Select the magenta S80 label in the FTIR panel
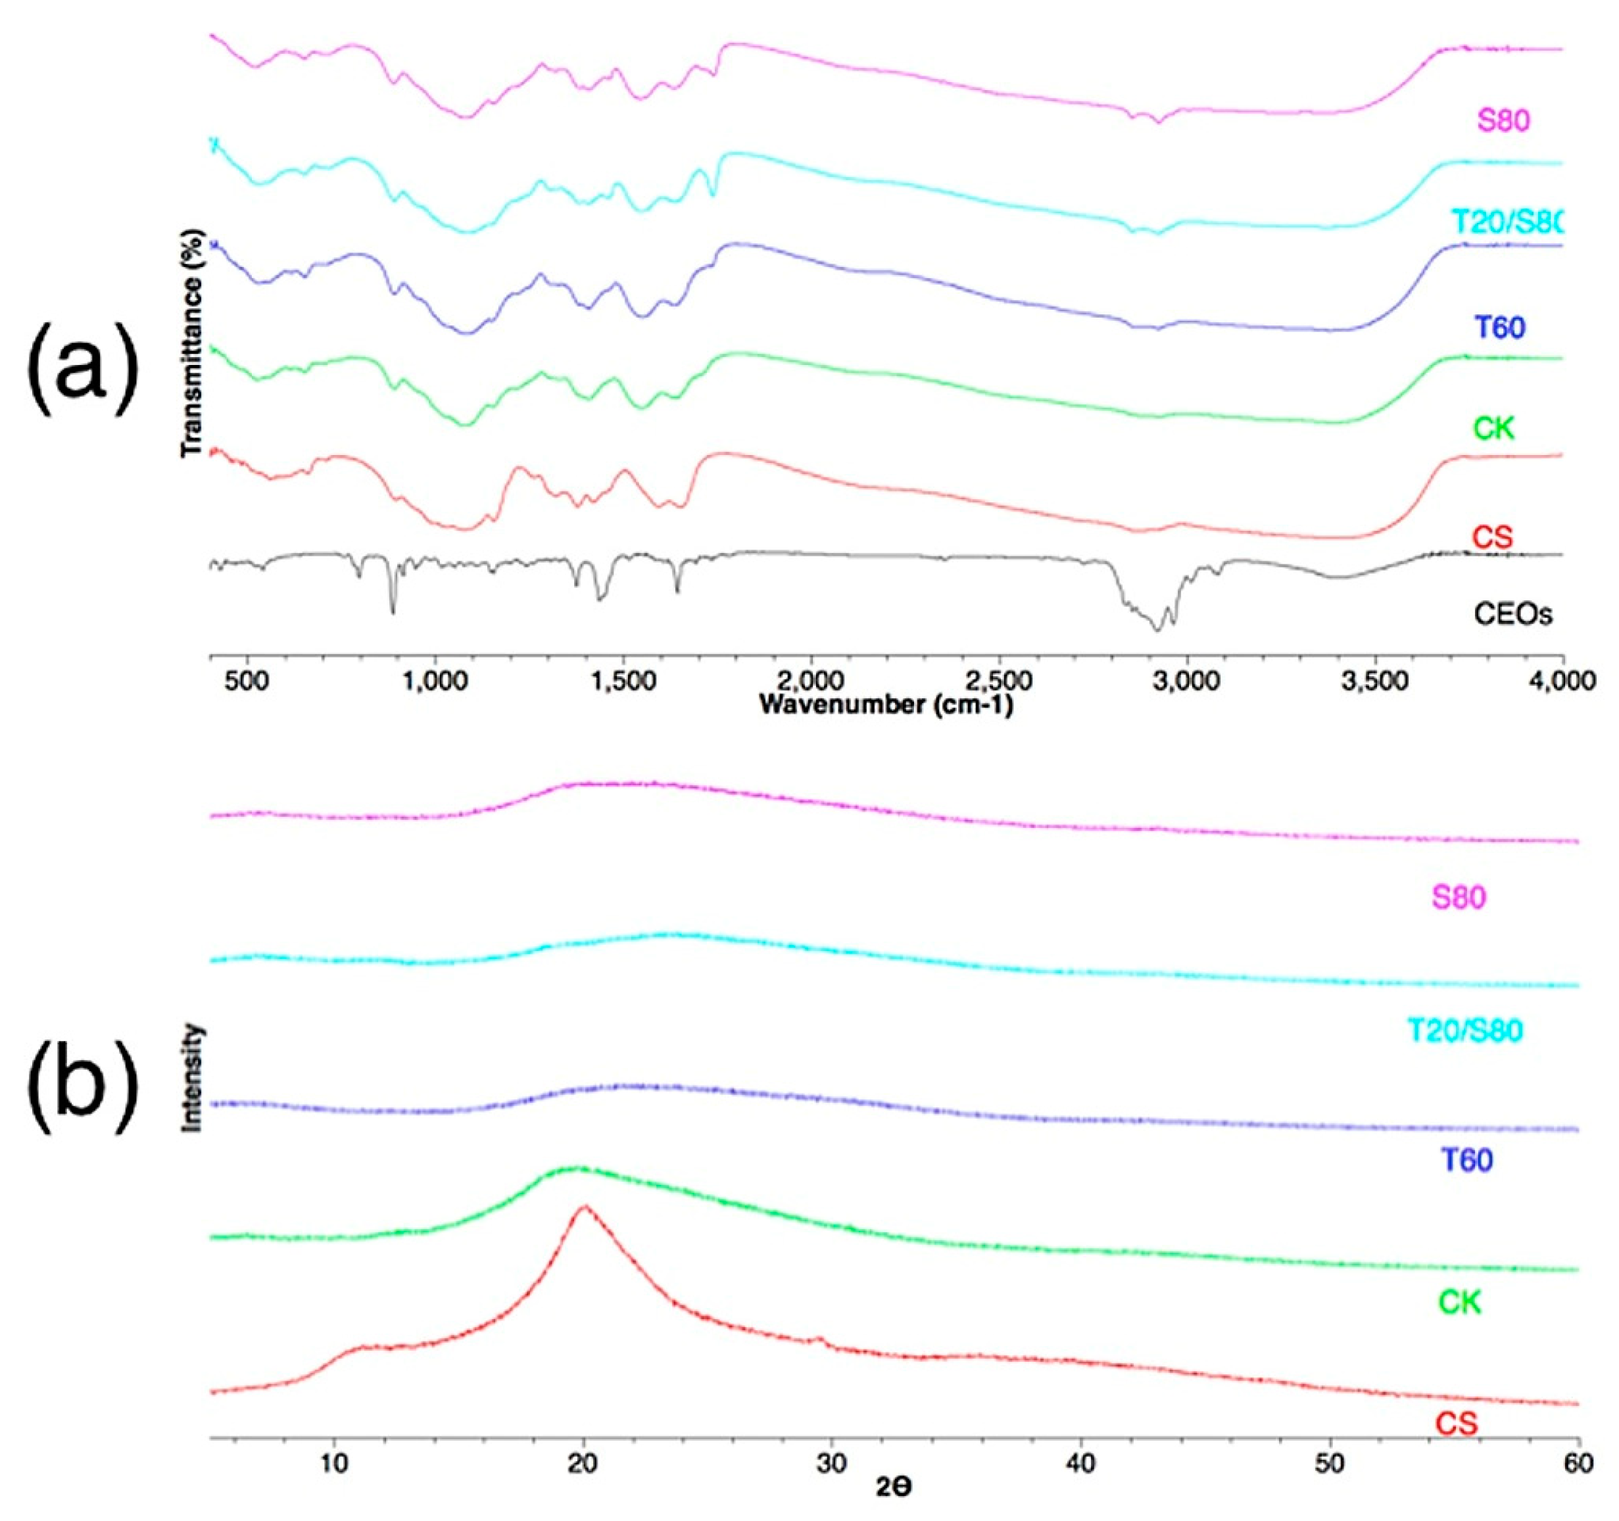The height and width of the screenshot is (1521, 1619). point(1503,121)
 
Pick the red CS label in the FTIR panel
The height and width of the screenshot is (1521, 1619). point(1492,537)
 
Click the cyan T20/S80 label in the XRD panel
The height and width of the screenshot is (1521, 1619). point(1464,1031)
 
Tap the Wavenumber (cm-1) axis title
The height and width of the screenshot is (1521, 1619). point(886,704)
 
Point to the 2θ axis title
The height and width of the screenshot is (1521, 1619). point(894,1488)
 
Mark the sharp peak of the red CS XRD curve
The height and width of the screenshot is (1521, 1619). point(583,1207)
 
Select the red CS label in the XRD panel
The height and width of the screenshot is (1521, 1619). point(1456,1424)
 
